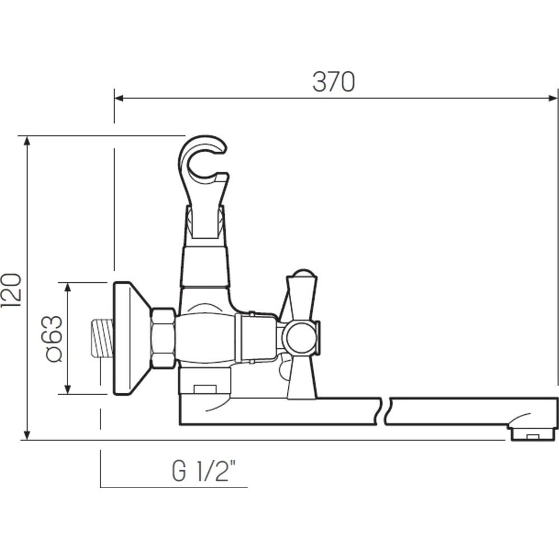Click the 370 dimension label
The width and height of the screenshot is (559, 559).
click(x=334, y=82)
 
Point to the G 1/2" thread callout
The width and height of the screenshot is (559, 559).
click(x=204, y=471)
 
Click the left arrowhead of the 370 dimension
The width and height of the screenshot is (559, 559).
click(x=119, y=98)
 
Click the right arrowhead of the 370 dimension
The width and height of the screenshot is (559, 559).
click(x=553, y=98)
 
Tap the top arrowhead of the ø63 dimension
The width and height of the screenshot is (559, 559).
click(x=68, y=287)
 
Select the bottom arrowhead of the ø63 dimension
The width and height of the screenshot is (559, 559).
click(x=68, y=389)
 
